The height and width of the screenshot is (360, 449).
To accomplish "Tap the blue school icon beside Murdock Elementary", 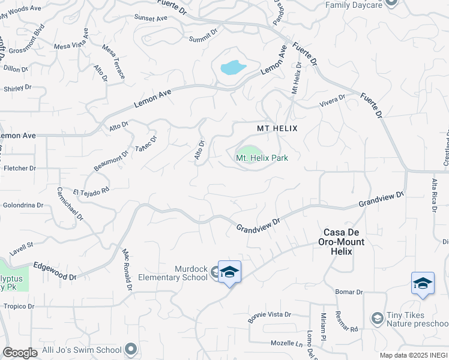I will pos(229,272).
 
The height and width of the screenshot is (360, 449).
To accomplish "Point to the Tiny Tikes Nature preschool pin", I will pos(378,317).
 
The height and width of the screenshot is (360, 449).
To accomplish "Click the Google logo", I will pos(20,353).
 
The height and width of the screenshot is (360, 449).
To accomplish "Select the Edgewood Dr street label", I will pos(55,271).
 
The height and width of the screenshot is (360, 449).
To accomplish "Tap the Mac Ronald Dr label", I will pos(126,271).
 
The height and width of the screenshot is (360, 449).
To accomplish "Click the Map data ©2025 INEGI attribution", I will pos(414,355).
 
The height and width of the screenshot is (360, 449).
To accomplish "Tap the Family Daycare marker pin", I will pos(391,2).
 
